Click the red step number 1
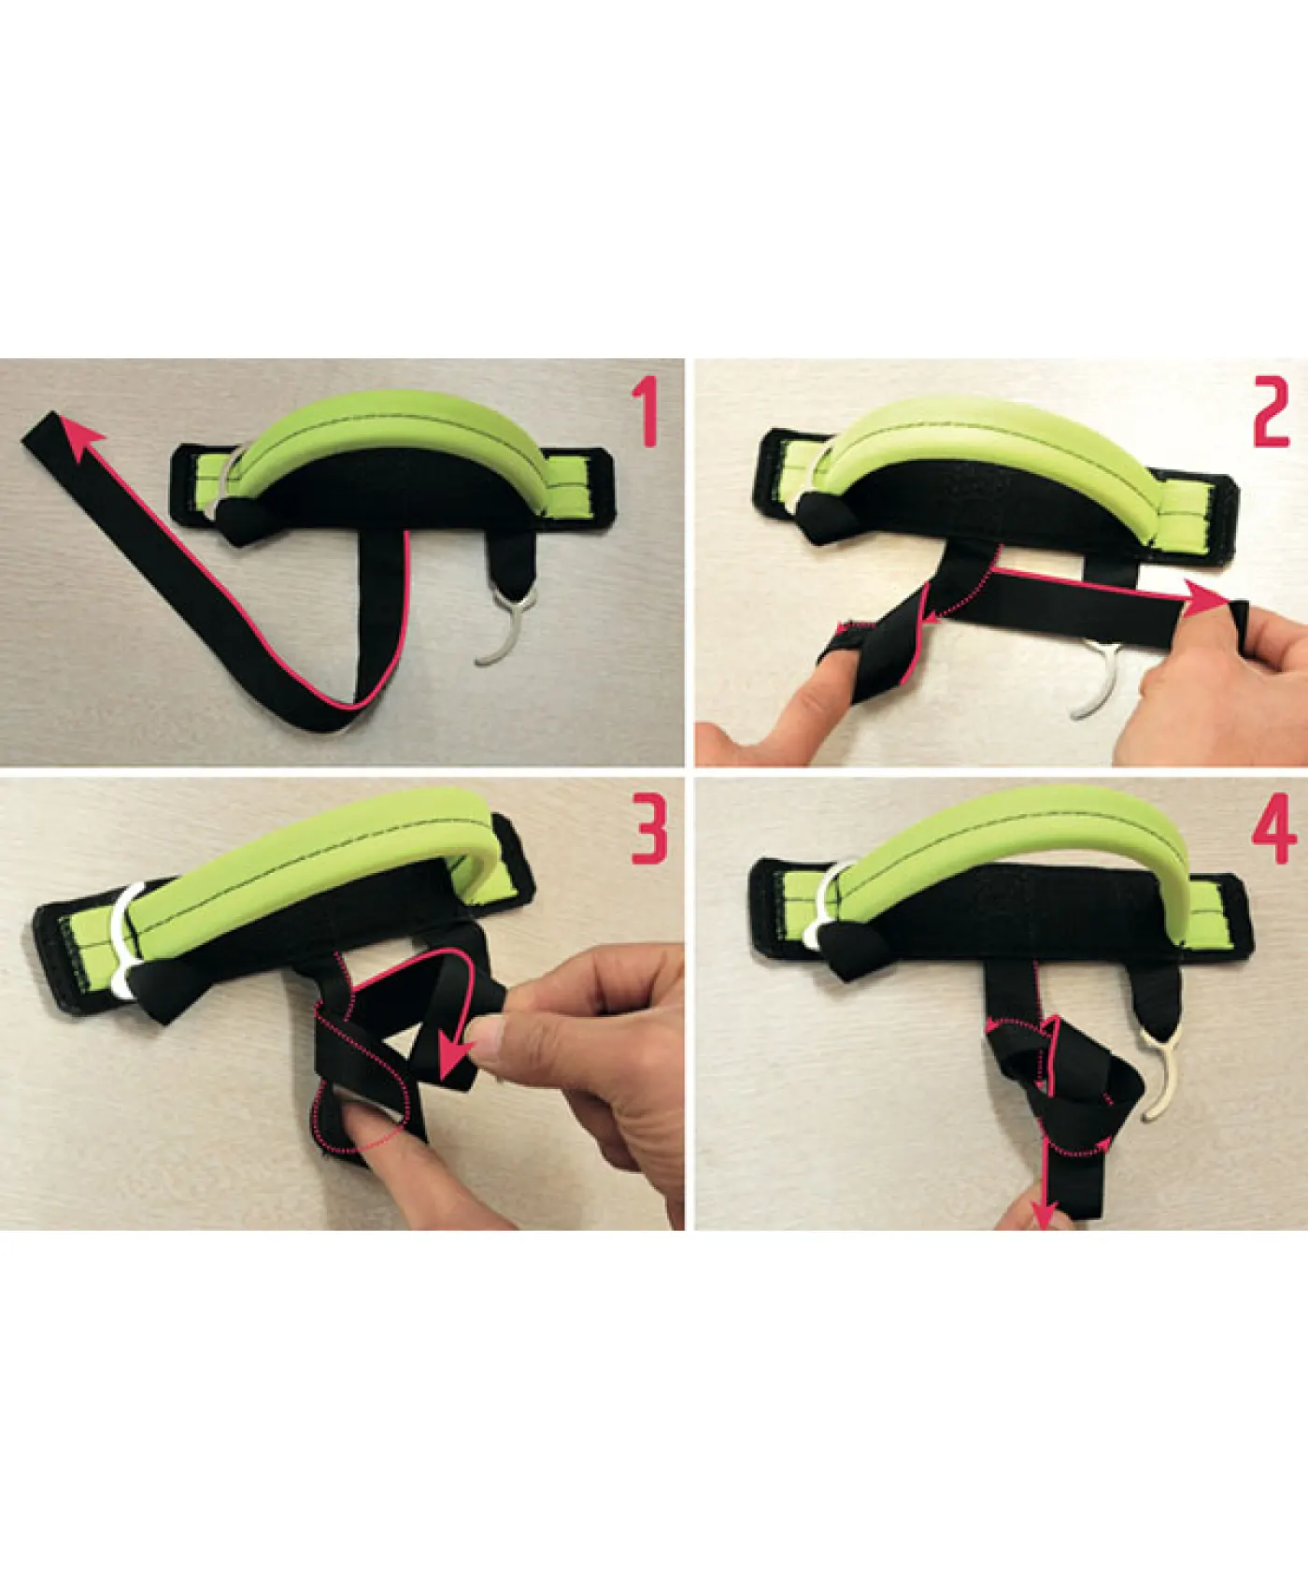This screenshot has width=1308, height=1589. [x=645, y=413]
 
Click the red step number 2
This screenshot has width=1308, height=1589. [x=1272, y=412]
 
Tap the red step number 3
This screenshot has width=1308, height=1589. [x=649, y=829]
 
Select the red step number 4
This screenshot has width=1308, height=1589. [x=1273, y=829]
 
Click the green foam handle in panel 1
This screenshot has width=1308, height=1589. [x=383, y=437]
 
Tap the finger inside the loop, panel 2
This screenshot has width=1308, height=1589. [x=846, y=659]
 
